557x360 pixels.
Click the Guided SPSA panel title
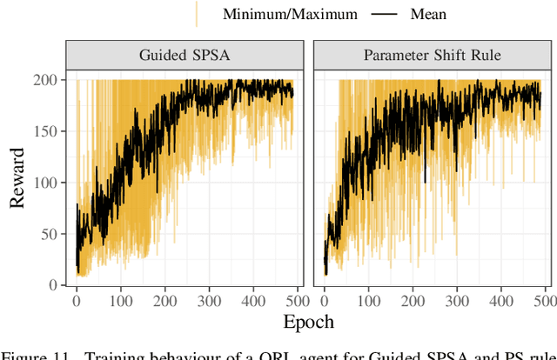click(x=185, y=56)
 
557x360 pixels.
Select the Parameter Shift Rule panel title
click(x=432, y=56)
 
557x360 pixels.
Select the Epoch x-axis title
click(x=308, y=322)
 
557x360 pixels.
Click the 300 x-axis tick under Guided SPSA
click(x=206, y=300)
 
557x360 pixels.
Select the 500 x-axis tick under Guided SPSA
click(x=293, y=300)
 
